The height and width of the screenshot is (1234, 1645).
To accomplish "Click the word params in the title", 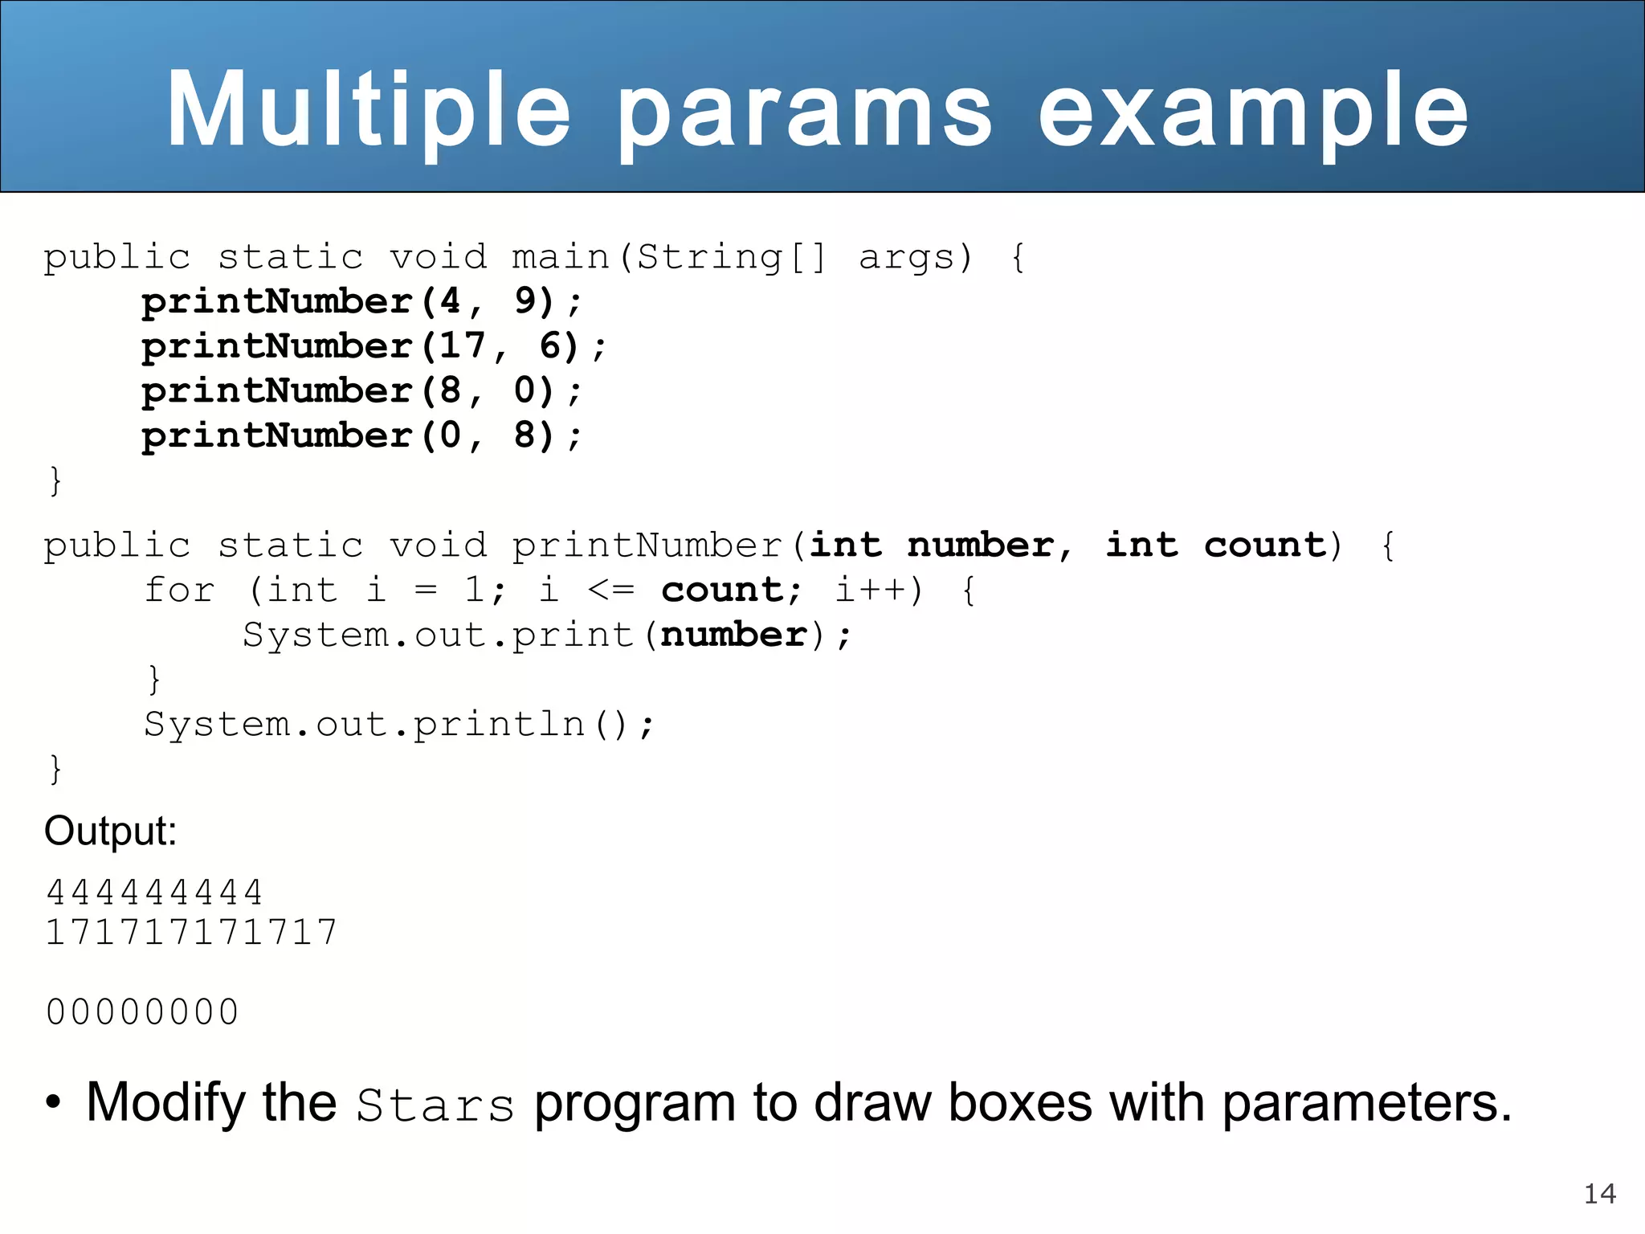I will pyautogui.click(x=805, y=112).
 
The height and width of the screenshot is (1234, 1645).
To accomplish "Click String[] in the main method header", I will pyautogui.click(x=730, y=257).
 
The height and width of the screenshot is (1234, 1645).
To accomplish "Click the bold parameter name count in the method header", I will pyautogui.click(x=1264, y=545).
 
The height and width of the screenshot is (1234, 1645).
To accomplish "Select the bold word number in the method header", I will pyautogui.click(x=980, y=545).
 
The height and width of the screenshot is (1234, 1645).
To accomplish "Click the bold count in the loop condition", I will pyautogui.click(x=721, y=590).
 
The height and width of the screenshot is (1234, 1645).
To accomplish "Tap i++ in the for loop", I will pyautogui.click(x=871, y=590).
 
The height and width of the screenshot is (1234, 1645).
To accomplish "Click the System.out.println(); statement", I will pyautogui.click(x=399, y=725).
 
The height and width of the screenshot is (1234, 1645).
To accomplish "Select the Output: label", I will pyautogui.click(x=110, y=831).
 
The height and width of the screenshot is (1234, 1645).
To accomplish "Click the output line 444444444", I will pyautogui.click(x=154, y=893).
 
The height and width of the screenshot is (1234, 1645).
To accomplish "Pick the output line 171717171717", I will pyautogui.click(x=191, y=933).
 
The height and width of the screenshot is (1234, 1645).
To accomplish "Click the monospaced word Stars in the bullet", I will pyautogui.click(x=435, y=1105).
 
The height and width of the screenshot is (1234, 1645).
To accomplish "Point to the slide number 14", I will pyautogui.click(x=1599, y=1194).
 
